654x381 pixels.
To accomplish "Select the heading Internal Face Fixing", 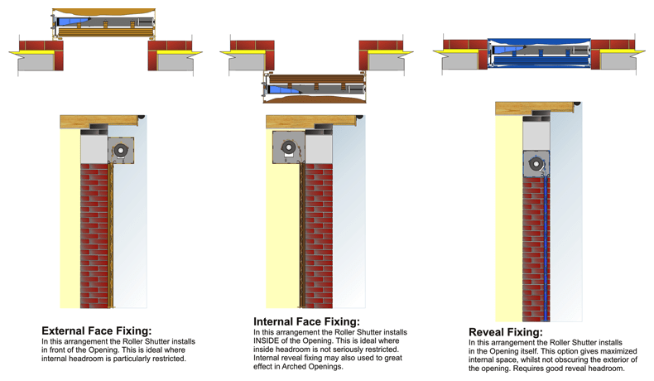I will pos(306,321).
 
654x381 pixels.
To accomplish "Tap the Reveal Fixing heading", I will pos(505,332).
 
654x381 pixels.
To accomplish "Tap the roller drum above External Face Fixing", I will pos(121,150).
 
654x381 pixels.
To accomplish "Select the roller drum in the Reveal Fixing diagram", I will pos(536,163).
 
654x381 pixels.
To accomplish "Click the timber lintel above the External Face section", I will pos(99,122).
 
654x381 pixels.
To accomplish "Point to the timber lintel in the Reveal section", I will pos(534,108).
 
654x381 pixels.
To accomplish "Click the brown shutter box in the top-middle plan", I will pos(315,86).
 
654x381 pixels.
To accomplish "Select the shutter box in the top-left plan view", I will pos(103,23).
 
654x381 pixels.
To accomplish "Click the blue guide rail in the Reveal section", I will pos(546,248).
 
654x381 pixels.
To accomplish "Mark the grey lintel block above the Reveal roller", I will pos(536,133).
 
